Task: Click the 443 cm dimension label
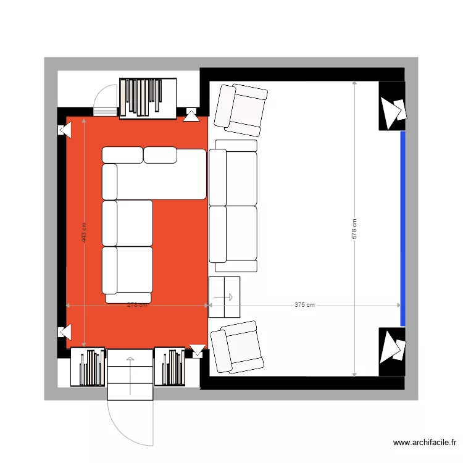pyautogui.click(x=84, y=233)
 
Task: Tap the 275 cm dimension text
pyautogui.click(x=136, y=305)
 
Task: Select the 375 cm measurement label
pyautogui.click(x=304, y=305)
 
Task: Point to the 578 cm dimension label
pyautogui.click(x=354, y=229)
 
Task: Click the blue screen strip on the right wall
pyautogui.click(x=403, y=228)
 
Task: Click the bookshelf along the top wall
pyautogui.click(x=148, y=98)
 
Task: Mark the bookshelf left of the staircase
pyautogui.click(x=88, y=367)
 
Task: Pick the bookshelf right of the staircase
pyautogui.click(x=170, y=367)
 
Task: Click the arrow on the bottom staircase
pyautogui.click(x=130, y=374)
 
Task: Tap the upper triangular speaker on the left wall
pyautogui.click(x=65, y=130)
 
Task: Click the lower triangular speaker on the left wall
pyautogui.click(x=64, y=332)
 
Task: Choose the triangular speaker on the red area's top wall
pyautogui.click(x=191, y=115)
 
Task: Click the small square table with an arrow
pyautogui.click(x=224, y=297)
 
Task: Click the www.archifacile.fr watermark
pyautogui.click(x=425, y=443)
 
